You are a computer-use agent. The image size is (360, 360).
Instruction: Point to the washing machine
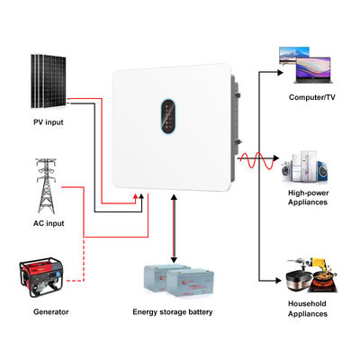pyautogui.click(x=295, y=169)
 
